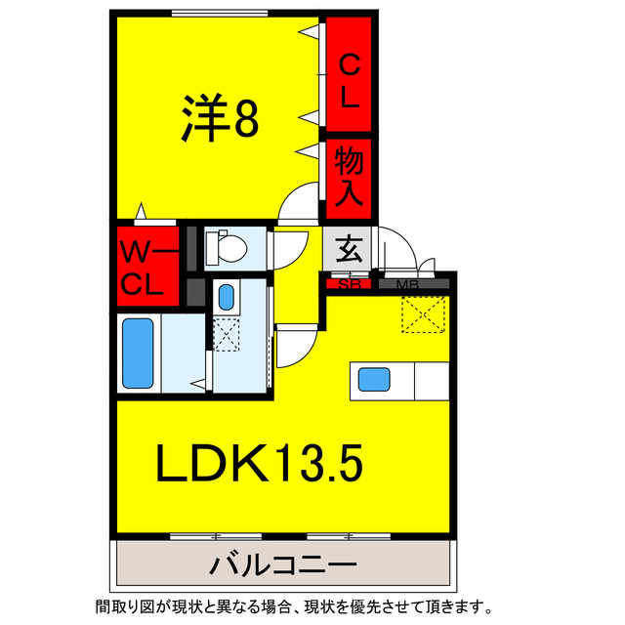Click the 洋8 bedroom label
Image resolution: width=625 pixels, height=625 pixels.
coord(219,119)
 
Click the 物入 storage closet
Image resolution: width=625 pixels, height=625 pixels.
coord(349,174)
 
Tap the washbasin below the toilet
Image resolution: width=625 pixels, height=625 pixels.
coord(227,296)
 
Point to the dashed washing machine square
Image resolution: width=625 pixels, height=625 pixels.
coord(227,335)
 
